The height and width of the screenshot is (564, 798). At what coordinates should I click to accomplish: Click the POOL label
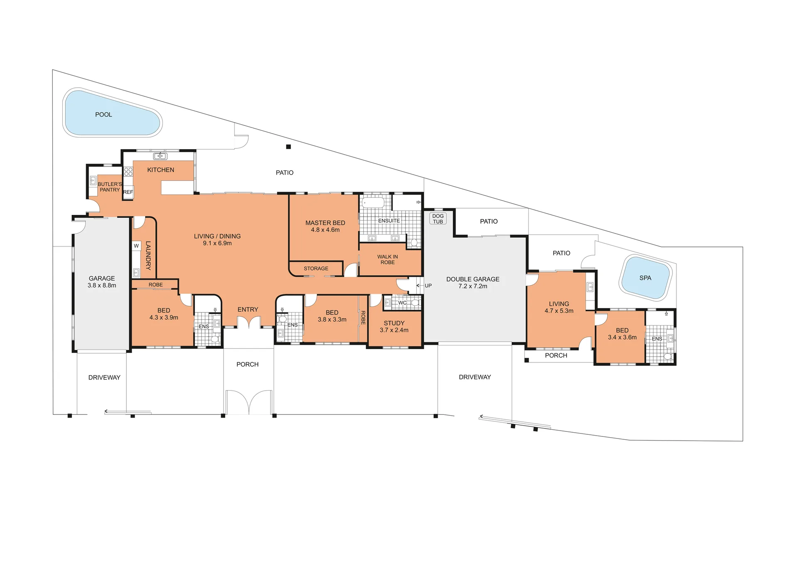pyautogui.click(x=103, y=115)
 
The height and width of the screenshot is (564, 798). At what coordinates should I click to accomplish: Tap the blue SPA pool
pyautogui.click(x=645, y=278)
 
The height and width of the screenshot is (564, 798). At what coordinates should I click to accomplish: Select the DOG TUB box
pyautogui.click(x=438, y=219)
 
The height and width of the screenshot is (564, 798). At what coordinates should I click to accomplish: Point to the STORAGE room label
pyautogui.click(x=316, y=268)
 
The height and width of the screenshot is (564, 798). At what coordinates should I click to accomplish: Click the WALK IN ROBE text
pyautogui.click(x=387, y=259)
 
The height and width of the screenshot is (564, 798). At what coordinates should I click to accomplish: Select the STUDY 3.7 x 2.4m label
pyautogui.click(x=394, y=326)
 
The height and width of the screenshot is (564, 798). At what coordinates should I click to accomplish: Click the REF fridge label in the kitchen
pyautogui.click(x=128, y=192)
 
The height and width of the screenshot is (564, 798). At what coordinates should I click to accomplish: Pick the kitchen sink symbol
pyautogui.click(x=160, y=156)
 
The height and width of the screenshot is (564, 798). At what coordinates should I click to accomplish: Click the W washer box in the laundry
pyautogui.click(x=136, y=246)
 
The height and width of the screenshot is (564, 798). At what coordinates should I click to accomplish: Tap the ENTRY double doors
pyautogui.click(x=249, y=322)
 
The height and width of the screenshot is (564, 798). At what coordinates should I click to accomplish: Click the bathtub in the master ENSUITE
pyautogui.click(x=373, y=203)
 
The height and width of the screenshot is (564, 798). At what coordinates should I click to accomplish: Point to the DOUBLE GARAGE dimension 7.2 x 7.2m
pyautogui.click(x=473, y=286)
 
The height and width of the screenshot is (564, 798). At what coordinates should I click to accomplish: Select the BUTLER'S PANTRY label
pyautogui.click(x=110, y=187)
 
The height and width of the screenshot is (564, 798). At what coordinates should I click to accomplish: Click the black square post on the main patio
pyautogui.click(x=288, y=147)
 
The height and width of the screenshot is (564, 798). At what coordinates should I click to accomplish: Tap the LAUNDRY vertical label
pyautogui.click(x=148, y=255)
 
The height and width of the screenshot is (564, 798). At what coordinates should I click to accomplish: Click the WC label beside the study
pyautogui.click(x=402, y=303)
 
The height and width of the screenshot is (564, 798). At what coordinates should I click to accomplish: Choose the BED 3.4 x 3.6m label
pyautogui.click(x=622, y=334)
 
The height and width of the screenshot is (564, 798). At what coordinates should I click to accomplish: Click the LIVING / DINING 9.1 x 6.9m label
pyautogui.click(x=217, y=239)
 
